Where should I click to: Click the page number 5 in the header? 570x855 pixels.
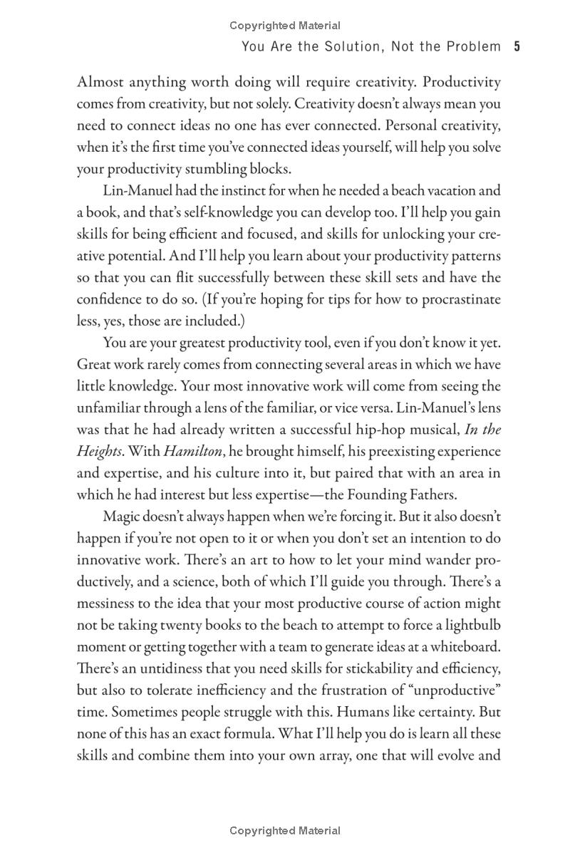(x=517, y=47)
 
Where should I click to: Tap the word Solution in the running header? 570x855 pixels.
(x=343, y=47)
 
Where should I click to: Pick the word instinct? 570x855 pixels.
(x=219, y=190)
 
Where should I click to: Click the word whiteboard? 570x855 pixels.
(x=467, y=647)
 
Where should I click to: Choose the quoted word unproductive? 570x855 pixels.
(x=457, y=690)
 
